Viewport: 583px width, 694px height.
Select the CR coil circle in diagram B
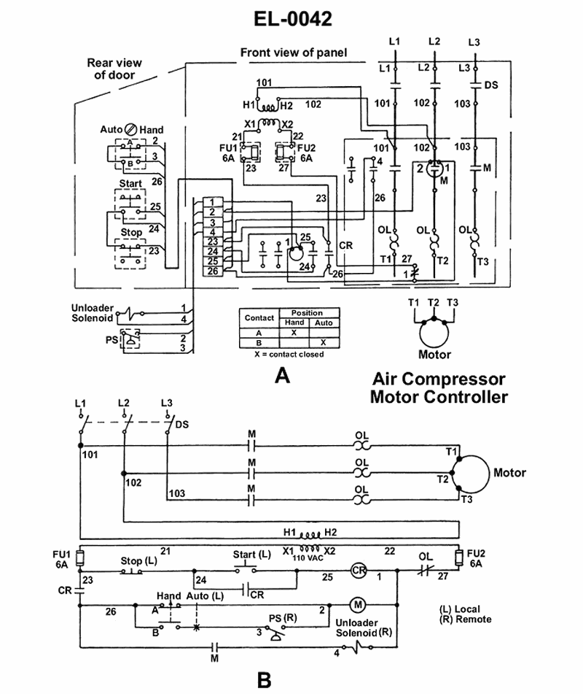click(x=357, y=571)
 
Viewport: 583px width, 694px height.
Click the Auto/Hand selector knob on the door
click(x=132, y=128)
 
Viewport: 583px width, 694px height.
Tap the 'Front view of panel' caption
click(x=294, y=53)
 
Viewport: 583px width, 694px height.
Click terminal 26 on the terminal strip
click(x=211, y=271)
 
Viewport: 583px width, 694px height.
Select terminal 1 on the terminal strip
click(x=211, y=201)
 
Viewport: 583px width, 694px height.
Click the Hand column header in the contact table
click(x=294, y=322)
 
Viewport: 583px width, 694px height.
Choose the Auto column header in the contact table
click(x=324, y=322)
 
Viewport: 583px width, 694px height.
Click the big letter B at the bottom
click(x=264, y=680)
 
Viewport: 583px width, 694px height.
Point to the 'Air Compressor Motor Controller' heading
click(x=438, y=388)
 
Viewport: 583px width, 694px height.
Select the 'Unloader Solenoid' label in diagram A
click(x=92, y=312)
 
